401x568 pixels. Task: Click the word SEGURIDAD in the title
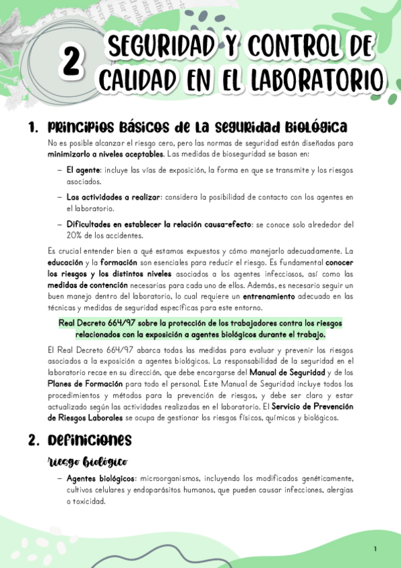160,48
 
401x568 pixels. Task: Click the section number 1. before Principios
33,127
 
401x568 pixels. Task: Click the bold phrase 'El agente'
83,171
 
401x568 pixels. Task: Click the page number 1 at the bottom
375,549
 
